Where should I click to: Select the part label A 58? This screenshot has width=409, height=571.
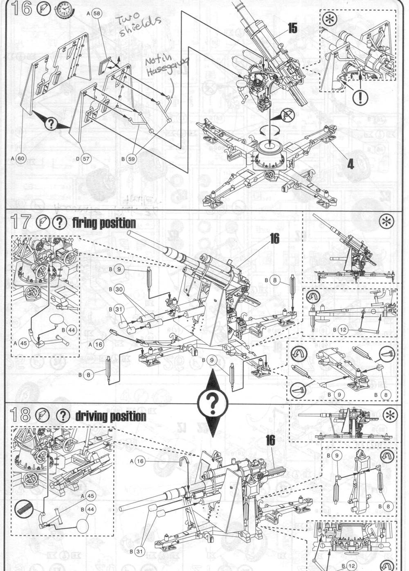94,13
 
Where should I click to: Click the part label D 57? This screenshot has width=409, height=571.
82,159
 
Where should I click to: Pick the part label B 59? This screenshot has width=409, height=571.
128,159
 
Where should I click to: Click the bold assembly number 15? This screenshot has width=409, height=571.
292,28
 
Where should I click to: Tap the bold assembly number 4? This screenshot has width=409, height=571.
350,164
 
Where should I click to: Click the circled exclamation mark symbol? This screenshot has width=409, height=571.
360,97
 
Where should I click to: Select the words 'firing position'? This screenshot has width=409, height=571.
104,223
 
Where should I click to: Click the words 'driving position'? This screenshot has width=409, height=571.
110,416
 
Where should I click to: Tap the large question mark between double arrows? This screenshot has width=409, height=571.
212,402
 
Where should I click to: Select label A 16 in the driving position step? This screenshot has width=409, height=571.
137,461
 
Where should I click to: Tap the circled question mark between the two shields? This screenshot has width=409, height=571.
51,123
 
